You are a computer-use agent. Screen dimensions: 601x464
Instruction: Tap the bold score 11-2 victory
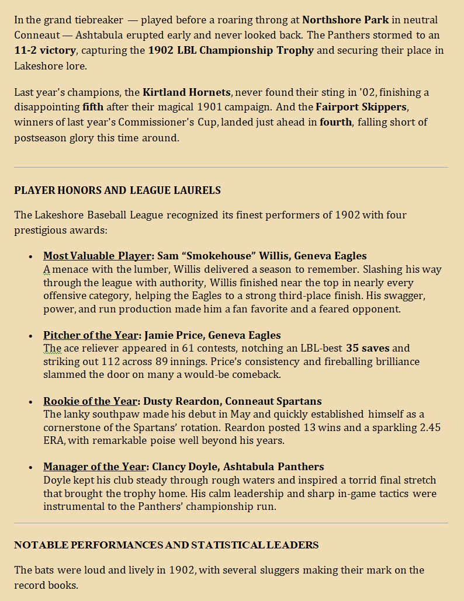click(x=45, y=50)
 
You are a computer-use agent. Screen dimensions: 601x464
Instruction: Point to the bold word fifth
click(x=94, y=107)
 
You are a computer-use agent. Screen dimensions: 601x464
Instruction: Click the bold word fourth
click(x=335, y=122)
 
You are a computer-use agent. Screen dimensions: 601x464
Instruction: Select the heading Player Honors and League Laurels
click(x=117, y=190)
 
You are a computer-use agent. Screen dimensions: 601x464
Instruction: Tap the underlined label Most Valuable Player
click(x=97, y=256)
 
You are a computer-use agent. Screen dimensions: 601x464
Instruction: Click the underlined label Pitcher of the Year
click(x=91, y=335)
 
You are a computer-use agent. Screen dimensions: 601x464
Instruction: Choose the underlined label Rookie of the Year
click(x=89, y=401)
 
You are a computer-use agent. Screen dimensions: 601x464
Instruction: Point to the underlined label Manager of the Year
click(x=94, y=467)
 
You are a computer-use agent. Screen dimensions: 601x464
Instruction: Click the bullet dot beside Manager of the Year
click(x=30, y=468)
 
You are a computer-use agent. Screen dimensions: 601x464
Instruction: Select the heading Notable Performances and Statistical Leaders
click(x=166, y=545)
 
